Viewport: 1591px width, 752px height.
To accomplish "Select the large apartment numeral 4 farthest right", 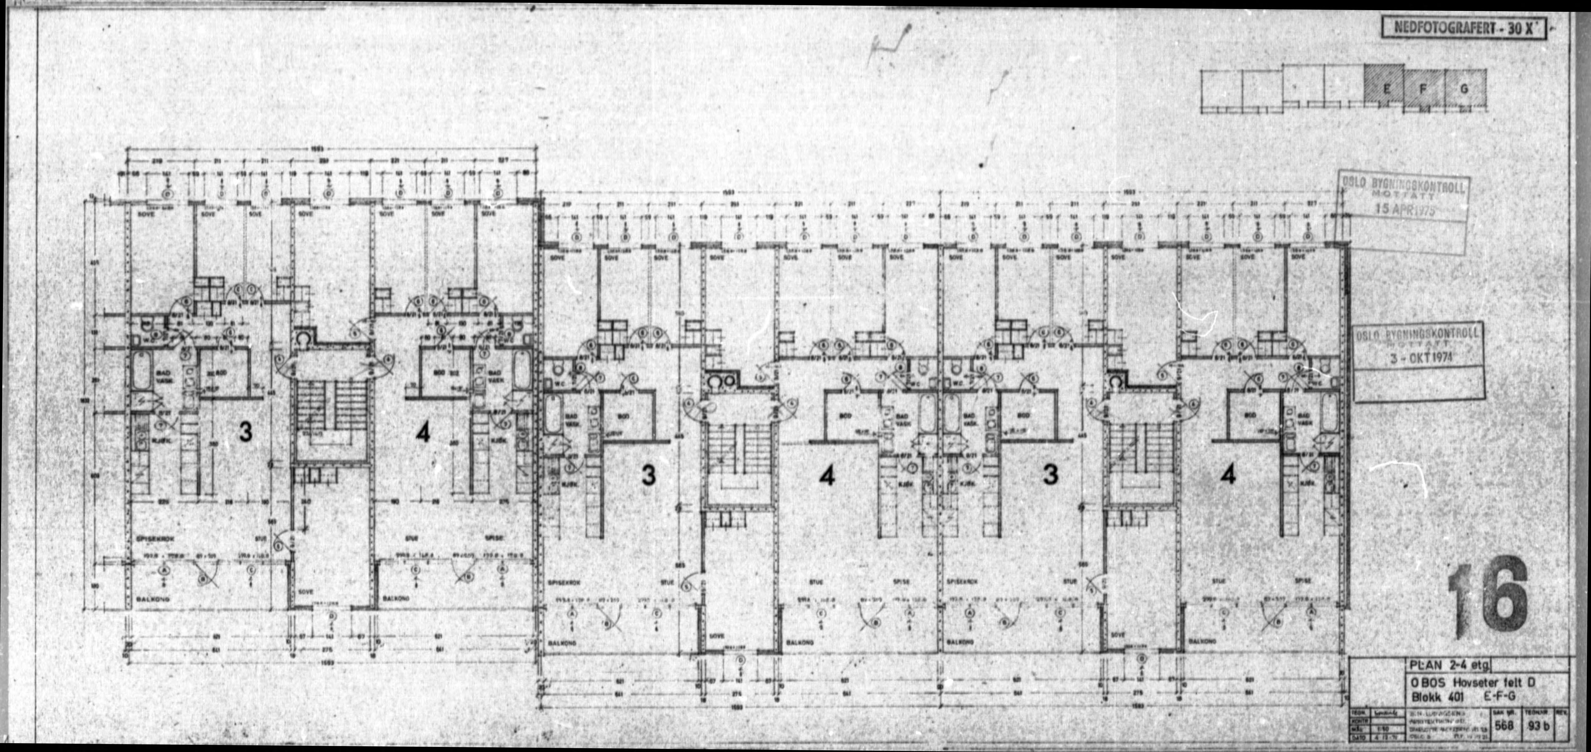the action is pos(1228,475).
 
